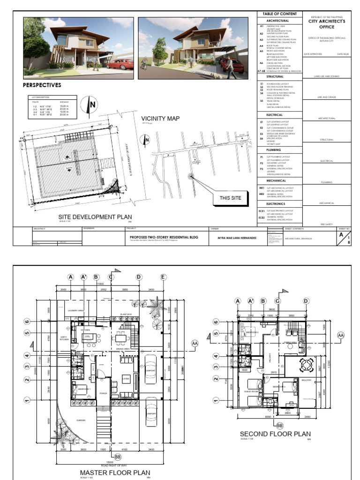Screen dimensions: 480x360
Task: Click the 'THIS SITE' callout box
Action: [230, 198]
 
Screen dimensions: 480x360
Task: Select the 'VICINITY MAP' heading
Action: [160, 119]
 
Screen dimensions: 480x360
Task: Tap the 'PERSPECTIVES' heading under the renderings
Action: [42, 85]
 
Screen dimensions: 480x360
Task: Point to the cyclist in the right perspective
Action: [144, 65]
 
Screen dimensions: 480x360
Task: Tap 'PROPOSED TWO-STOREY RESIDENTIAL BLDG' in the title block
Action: [164, 237]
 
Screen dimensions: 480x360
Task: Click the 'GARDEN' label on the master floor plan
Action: [81, 420]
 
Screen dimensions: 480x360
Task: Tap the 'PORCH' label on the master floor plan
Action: [103, 393]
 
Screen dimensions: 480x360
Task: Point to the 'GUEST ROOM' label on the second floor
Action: [251, 391]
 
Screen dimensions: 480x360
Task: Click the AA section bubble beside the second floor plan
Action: [341, 335]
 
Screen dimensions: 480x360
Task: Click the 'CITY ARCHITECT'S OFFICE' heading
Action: [326, 24]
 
